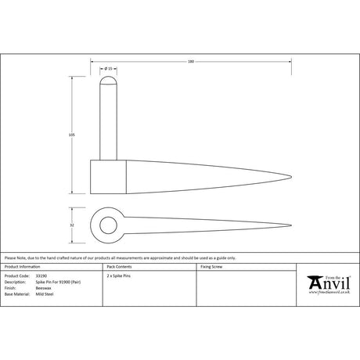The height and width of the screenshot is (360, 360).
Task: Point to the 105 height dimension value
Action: click(72, 135)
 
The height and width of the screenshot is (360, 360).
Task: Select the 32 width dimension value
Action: click(72, 224)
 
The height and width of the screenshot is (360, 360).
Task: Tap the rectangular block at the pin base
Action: click(110, 177)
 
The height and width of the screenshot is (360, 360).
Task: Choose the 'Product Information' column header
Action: click(23, 267)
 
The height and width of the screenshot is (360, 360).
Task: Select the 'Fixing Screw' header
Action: click(212, 267)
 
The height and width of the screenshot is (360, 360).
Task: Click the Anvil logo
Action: click(327, 284)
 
